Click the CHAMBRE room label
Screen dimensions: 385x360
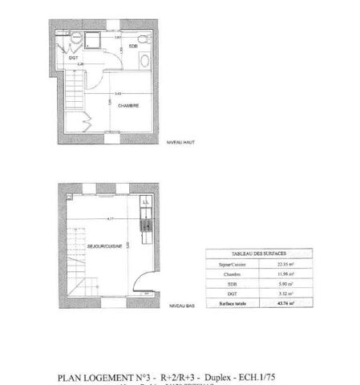(129, 105)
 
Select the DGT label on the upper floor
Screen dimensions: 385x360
(73, 59)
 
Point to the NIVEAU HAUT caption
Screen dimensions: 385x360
(180, 142)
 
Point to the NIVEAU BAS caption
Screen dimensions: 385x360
(180, 306)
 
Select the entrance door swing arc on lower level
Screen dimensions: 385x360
(143, 281)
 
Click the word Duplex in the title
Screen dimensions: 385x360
(216, 376)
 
